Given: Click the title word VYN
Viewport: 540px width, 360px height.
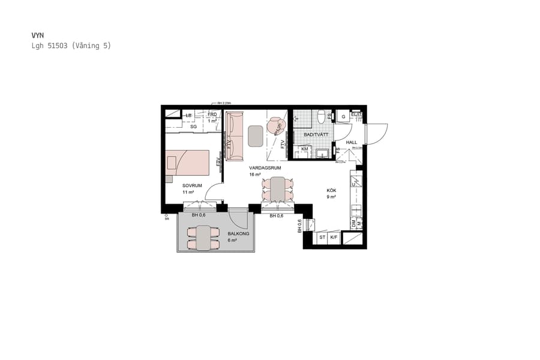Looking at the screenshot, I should point(37,35).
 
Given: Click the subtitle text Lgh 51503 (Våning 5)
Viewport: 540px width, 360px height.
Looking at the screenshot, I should point(71,46).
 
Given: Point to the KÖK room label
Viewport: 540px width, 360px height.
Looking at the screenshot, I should point(331,190).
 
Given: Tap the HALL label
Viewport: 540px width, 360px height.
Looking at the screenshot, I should point(352,142).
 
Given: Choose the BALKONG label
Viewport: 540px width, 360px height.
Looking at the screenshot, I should point(238,233).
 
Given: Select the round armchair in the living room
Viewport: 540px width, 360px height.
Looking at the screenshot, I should point(277,125).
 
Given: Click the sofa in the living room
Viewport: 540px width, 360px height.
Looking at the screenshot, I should point(235,135).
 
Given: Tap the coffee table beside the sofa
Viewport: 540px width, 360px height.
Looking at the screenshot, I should point(255,136).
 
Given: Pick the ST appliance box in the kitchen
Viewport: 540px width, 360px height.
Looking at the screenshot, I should point(322,238).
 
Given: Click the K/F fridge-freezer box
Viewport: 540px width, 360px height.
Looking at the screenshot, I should point(334,238).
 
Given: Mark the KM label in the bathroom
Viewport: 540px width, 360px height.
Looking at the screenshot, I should point(305,149).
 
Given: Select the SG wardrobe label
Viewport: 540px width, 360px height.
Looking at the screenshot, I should point(194,127).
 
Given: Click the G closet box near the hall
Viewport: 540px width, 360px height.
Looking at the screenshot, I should point(344,116).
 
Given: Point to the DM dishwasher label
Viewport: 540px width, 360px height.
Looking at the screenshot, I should point(353,223).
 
